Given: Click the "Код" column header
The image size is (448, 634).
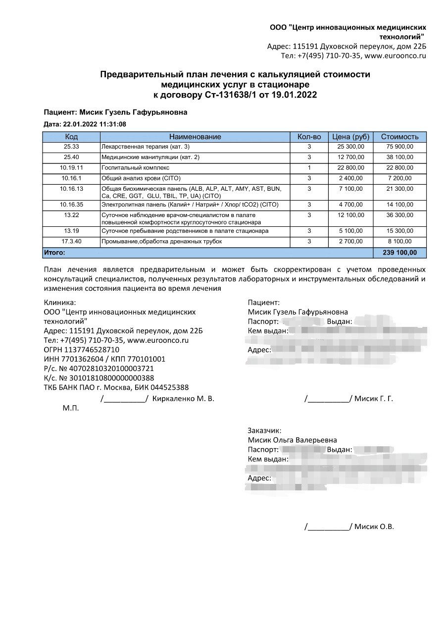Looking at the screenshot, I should point(71,137).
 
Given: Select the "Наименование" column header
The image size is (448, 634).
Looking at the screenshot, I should point(195,137).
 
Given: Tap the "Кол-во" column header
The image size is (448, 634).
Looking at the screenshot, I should point(309,137).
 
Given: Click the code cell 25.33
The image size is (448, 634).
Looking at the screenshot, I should point(71,147).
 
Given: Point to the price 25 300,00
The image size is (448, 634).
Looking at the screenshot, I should point(350,147).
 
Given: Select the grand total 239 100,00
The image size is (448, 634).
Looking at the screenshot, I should point(399,253).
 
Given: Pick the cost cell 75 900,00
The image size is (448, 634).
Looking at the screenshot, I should point(399,147).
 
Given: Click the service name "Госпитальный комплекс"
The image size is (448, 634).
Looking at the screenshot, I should point(135,168).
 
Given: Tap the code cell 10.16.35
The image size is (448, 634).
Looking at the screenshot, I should point(71,205).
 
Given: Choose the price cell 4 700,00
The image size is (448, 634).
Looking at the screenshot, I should point(350,205).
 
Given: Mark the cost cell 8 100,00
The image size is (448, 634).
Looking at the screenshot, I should point(399,242).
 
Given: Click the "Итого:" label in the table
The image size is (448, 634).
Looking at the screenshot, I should point(54,253).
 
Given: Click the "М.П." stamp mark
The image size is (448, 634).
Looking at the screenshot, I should point(70,409).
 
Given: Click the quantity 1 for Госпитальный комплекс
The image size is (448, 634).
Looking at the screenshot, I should point(309,168).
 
